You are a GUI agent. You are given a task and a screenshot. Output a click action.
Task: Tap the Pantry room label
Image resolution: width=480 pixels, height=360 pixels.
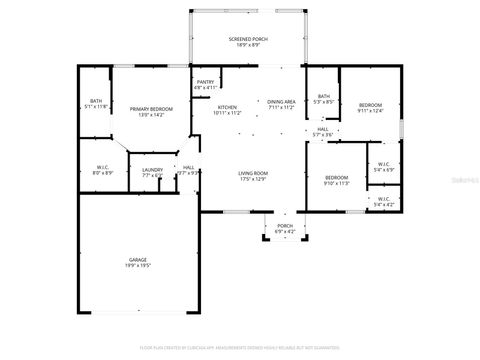pyautogui.click(x=205, y=85)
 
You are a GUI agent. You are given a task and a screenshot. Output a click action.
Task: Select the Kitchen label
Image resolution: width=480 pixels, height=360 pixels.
pyautogui.click(x=227, y=110)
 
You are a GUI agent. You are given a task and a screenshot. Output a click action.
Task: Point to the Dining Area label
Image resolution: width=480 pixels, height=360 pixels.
pyautogui.click(x=281, y=104)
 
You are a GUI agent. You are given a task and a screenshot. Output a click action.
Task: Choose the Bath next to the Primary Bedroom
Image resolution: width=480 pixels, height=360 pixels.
pyautogui.click(x=95, y=104)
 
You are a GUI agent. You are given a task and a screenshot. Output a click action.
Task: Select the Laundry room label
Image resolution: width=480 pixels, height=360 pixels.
pyautogui.click(x=152, y=173)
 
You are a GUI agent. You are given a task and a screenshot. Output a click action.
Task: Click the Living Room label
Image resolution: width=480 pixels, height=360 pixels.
pyautogui.click(x=252, y=176)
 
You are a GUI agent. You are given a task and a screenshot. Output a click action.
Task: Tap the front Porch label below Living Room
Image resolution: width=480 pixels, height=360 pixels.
pyautogui.click(x=285, y=229)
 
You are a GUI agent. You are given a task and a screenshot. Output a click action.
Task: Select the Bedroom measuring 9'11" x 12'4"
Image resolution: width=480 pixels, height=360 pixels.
pyautogui.click(x=370, y=107)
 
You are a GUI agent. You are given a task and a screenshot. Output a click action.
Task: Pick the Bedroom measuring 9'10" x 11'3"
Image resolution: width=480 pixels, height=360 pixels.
pyautogui.click(x=336, y=181)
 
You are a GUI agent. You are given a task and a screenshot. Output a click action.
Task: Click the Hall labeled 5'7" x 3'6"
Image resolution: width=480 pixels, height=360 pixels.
pyautogui.click(x=323, y=132)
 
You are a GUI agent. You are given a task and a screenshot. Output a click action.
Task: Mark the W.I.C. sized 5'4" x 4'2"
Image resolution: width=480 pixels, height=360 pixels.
pyautogui.click(x=384, y=201)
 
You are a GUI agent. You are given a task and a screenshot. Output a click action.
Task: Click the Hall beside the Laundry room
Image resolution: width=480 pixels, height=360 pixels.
pyautogui.click(x=188, y=170)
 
